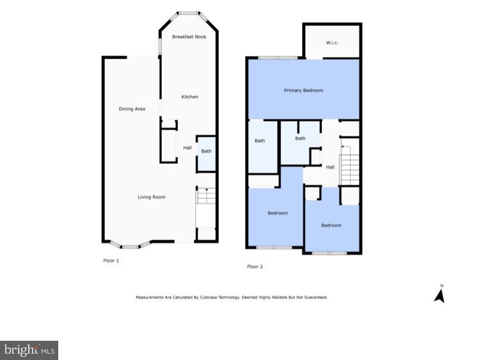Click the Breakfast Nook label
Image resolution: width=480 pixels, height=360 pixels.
point(189,37)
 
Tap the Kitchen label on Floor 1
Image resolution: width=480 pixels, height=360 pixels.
point(190,97)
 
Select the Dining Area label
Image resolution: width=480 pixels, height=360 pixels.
point(132,109)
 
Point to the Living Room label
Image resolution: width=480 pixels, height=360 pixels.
point(152,197)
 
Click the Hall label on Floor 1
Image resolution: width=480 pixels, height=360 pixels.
point(188,148)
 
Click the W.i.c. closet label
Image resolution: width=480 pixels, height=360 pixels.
point(332,43)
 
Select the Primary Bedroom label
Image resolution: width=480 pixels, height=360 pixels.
point(303,90)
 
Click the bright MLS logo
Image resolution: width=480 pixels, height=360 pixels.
point(29,350)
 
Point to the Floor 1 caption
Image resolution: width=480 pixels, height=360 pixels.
point(111,261)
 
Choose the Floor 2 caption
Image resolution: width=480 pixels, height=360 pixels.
point(255,266)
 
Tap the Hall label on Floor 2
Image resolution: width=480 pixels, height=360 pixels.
point(330,167)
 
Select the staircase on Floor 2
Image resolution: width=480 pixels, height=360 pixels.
point(349,163)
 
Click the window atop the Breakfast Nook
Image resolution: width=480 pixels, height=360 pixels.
point(188,12)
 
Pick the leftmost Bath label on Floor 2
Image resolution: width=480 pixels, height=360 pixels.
point(260,141)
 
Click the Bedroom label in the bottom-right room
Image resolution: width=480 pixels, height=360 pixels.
point(332,225)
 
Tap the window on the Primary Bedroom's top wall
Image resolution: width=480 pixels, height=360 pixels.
point(278,58)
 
